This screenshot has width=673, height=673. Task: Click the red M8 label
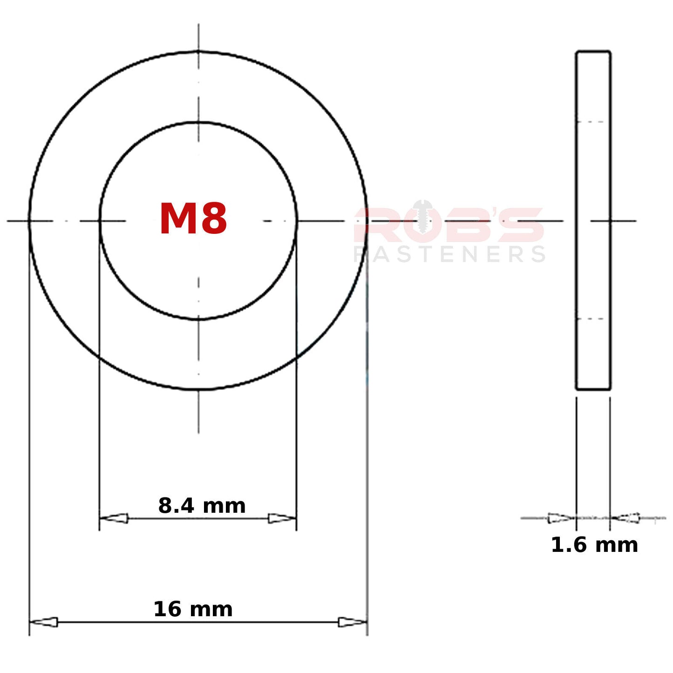click(193, 219)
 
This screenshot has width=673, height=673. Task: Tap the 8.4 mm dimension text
click(202, 506)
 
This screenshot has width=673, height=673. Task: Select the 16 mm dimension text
click(193, 610)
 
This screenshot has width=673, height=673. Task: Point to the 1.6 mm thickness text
click(594, 545)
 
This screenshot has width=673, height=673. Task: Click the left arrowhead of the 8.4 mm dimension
click(114, 518)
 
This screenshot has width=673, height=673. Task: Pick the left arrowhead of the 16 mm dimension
click(43, 622)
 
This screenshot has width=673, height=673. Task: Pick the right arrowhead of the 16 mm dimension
click(353, 622)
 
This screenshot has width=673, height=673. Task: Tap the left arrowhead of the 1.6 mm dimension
click(561, 518)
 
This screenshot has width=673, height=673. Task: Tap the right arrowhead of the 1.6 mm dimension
click(625, 518)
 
